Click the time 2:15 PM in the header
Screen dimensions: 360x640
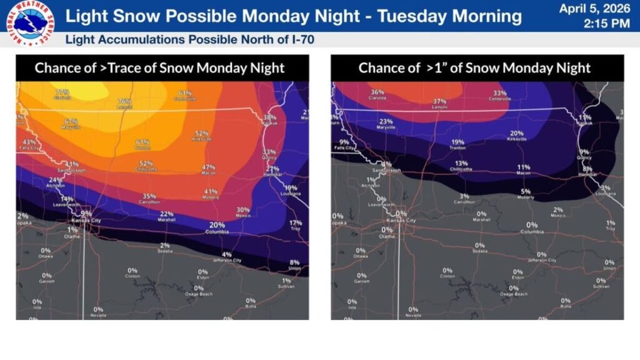[x=606, y=24]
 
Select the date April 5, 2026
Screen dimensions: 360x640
[x=594, y=9]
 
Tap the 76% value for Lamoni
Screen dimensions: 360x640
[x=124, y=101]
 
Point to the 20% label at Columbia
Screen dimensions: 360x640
[x=217, y=225]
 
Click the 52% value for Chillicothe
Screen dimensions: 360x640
[x=146, y=164]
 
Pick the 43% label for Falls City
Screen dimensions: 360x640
[x=29, y=142]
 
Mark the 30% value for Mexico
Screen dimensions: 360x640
[x=243, y=210]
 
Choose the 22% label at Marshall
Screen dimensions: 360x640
[x=166, y=214]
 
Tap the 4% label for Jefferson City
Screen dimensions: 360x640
[x=226, y=254]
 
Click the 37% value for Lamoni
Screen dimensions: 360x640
[x=439, y=101]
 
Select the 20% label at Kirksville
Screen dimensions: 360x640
[x=517, y=133]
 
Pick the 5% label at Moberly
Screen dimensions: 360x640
[x=526, y=191]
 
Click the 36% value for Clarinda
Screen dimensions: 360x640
[x=377, y=92]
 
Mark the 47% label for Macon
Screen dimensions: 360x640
[x=208, y=167]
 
